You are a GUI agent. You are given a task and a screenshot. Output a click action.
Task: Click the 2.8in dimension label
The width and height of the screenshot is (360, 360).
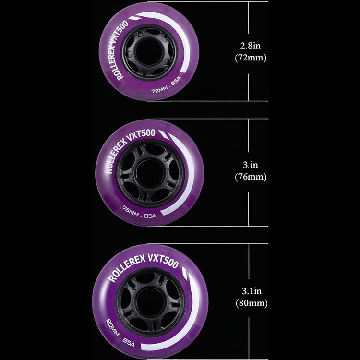tap(251, 46)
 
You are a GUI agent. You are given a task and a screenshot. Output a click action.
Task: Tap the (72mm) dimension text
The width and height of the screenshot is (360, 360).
tap(251, 58)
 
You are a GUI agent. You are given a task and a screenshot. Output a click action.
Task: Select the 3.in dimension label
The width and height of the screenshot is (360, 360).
tap(251, 165)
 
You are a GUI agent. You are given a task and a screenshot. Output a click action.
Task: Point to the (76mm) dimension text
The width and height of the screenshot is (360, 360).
tap(251, 177)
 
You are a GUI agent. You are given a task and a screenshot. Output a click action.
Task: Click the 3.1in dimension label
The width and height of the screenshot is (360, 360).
tap(252, 291)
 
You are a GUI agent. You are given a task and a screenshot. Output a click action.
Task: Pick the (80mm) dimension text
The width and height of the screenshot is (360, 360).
tap(252, 303)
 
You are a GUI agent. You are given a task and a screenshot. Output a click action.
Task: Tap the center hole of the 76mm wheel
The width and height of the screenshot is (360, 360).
tap(150, 173)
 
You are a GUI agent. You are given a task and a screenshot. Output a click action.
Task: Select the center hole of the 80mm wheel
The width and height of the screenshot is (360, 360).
tap(150, 302)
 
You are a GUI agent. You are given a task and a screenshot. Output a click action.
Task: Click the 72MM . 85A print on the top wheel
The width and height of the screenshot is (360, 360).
tap(166, 85)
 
